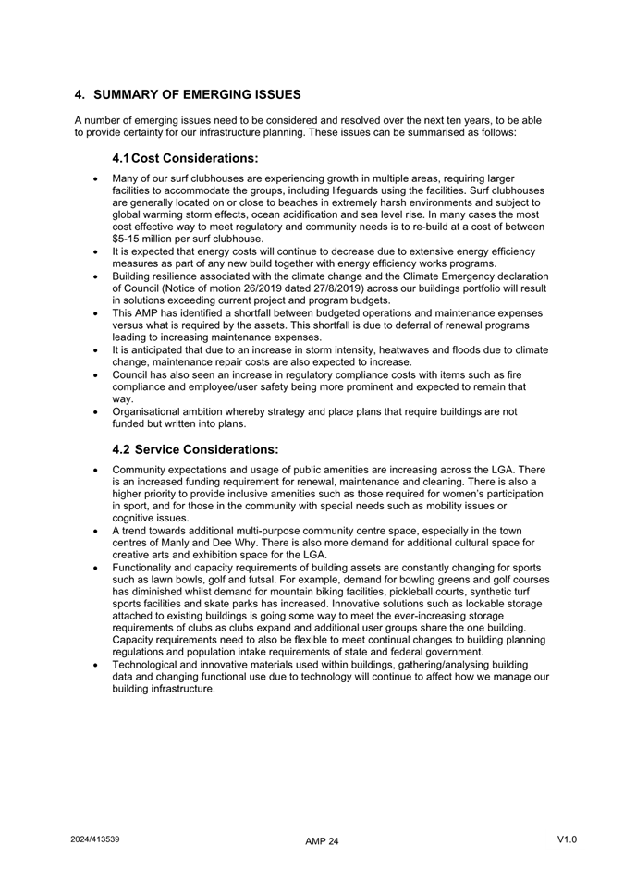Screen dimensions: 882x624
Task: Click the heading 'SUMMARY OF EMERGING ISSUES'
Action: [197, 94]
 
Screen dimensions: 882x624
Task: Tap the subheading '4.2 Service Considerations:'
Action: [194, 449]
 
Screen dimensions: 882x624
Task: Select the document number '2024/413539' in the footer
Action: [95, 839]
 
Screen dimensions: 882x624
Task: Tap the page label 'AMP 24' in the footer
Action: [322, 841]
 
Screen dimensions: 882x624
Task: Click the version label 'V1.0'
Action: [567, 839]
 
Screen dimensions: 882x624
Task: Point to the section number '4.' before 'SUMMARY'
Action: [80, 94]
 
